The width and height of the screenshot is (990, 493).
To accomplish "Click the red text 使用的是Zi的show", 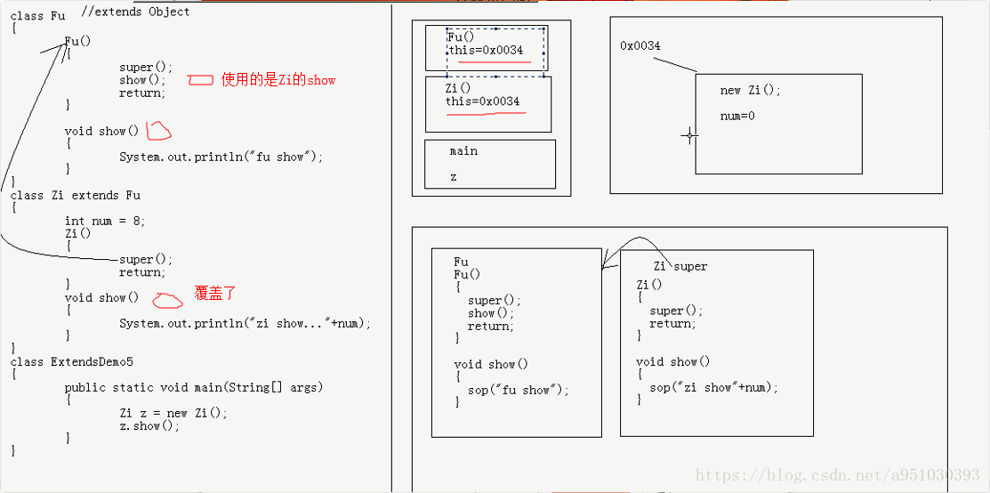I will [x=278, y=80].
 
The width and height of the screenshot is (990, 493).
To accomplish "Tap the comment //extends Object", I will [x=135, y=12].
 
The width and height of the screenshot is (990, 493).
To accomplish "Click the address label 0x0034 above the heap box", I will [x=640, y=46].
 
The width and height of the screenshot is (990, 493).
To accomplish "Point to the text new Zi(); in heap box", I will [x=750, y=91].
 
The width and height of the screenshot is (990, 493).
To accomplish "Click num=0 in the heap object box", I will [x=737, y=116].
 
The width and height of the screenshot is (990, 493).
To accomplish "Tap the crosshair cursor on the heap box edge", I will [x=689, y=136].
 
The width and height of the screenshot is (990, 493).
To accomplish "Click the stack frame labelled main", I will [x=463, y=151].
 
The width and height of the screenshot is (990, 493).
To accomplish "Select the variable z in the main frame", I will [x=454, y=177].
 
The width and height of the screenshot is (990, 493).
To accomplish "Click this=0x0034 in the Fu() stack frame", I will [x=486, y=51].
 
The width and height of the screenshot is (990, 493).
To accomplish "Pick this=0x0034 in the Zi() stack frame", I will [x=483, y=101].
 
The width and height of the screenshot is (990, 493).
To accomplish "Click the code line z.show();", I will [x=149, y=425].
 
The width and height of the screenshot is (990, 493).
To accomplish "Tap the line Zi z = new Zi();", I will [x=173, y=413].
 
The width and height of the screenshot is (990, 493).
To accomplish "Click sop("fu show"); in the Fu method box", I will [x=519, y=390].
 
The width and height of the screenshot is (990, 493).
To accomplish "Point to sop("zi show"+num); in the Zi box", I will [x=713, y=387].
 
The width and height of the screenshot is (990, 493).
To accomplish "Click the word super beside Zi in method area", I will [x=691, y=266].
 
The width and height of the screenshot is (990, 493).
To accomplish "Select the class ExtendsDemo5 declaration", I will [x=72, y=362].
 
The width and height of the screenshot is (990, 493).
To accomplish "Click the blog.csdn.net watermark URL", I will [x=837, y=476].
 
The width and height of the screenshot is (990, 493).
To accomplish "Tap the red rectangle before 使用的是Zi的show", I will [x=200, y=80].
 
